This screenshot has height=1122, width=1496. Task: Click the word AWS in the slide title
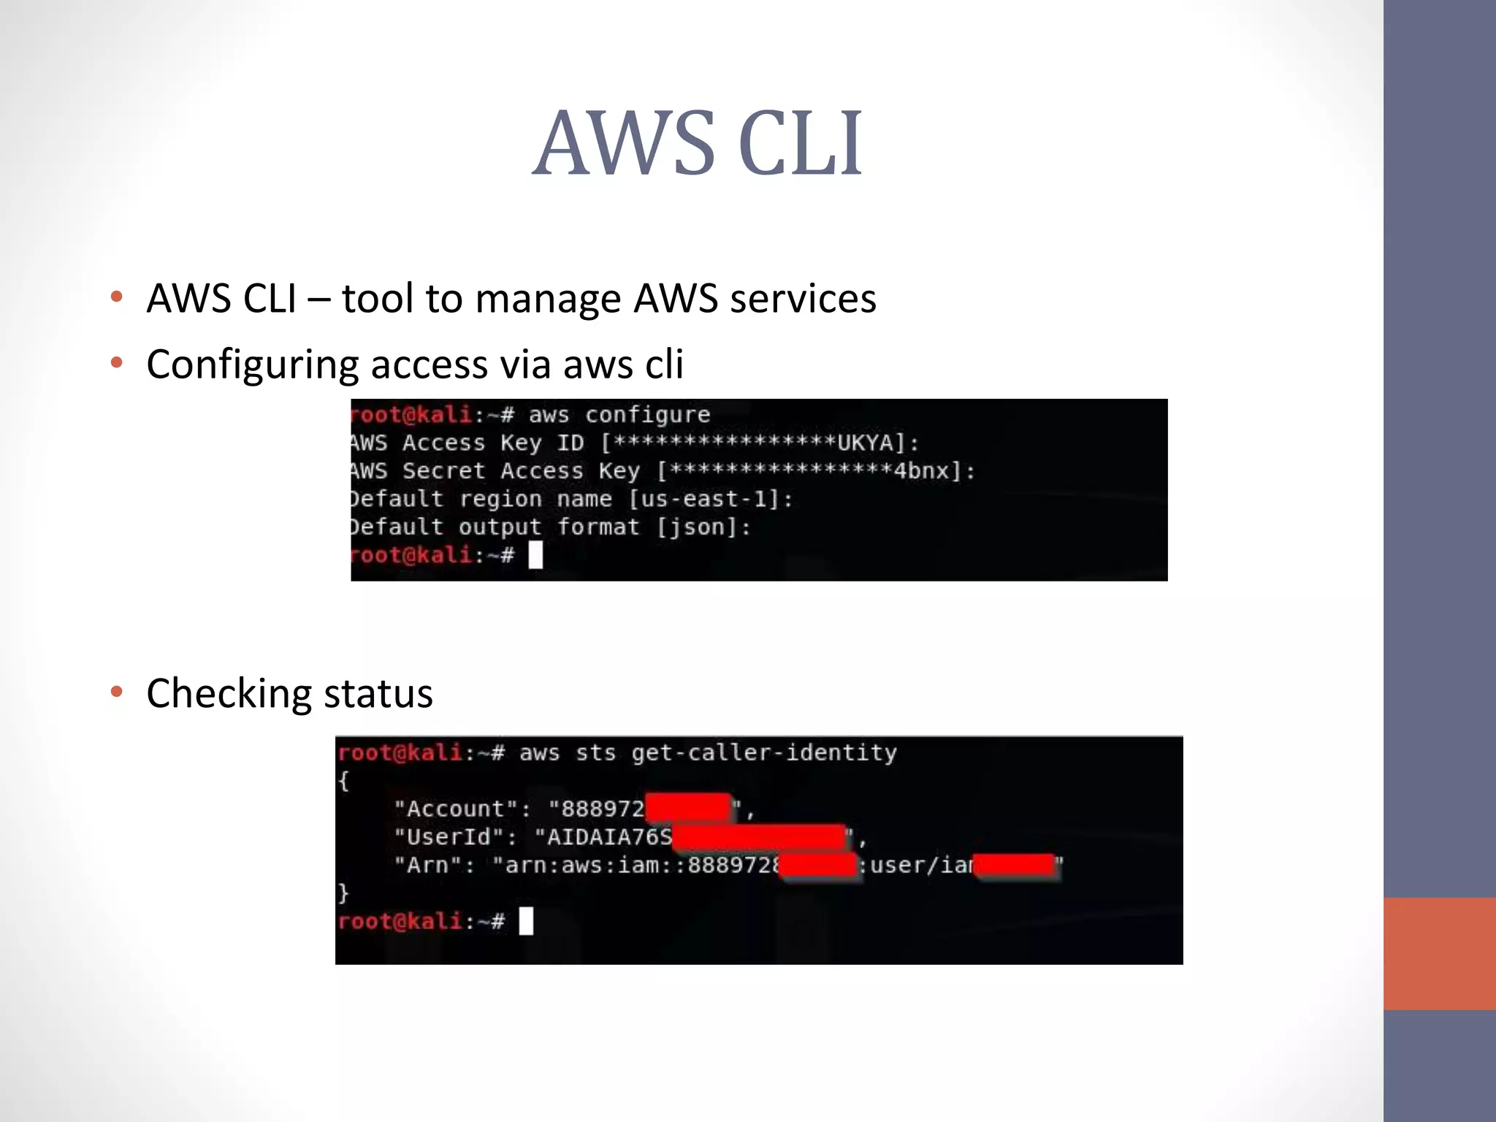pyautogui.click(x=623, y=143)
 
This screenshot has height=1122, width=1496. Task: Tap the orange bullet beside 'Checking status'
pyautogui.click(x=116, y=692)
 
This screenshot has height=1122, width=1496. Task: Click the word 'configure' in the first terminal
pyautogui.click(x=647, y=415)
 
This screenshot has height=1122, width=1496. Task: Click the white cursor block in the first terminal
pyautogui.click(x=535, y=555)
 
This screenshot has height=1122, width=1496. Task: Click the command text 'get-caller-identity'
pyautogui.click(x=764, y=752)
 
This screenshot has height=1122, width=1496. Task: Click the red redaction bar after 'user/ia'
pyautogui.click(x=1015, y=866)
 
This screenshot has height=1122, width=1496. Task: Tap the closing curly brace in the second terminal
pyautogui.click(x=343, y=893)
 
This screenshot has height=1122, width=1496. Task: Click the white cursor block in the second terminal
pyautogui.click(x=526, y=921)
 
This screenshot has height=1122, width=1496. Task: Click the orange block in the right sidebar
pyautogui.click(x=1439, y=953)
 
